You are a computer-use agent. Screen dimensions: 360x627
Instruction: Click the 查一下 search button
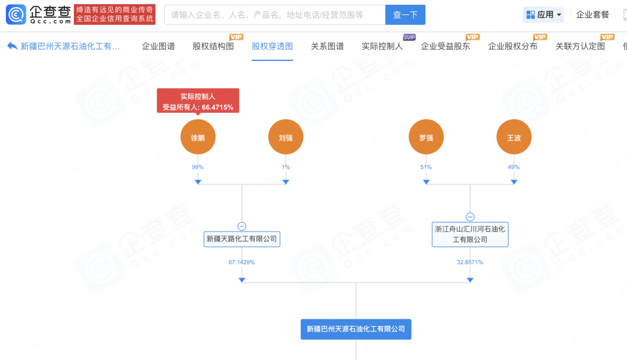coord(405,15)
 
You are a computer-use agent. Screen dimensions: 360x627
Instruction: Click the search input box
coord(275,15)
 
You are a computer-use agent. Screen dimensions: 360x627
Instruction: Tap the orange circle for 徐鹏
coord(198,138)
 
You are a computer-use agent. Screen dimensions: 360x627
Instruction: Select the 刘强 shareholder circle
coord(285,138)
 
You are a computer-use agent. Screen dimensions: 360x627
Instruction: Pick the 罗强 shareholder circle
coord(426,138)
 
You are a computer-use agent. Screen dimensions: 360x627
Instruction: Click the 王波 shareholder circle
coord(514,138)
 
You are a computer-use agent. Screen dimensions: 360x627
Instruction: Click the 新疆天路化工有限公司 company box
coord(242,239)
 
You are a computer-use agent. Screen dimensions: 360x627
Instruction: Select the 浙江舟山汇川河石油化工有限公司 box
coord(470,234)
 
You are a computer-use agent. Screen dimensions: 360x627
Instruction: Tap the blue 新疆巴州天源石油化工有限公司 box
coord(356,329)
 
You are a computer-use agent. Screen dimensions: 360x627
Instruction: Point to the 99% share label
coord(198,167)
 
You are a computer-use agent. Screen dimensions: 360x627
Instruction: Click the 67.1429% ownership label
coord(242,262)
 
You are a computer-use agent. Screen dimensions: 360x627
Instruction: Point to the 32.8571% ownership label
coord(470,262)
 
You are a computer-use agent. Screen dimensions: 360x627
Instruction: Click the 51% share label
coord(426,167)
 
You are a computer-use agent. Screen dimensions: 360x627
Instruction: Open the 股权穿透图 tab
coord(272,46)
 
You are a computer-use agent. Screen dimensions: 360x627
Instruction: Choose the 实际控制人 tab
coord(382,46)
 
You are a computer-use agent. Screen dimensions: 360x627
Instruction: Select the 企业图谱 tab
coord(158,46)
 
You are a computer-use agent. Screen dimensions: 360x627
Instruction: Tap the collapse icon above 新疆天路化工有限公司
coord(242,226)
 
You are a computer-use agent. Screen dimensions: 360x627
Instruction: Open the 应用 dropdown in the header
coord(543,15)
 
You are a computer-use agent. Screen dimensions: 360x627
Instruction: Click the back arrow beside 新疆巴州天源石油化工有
coord(12,46)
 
